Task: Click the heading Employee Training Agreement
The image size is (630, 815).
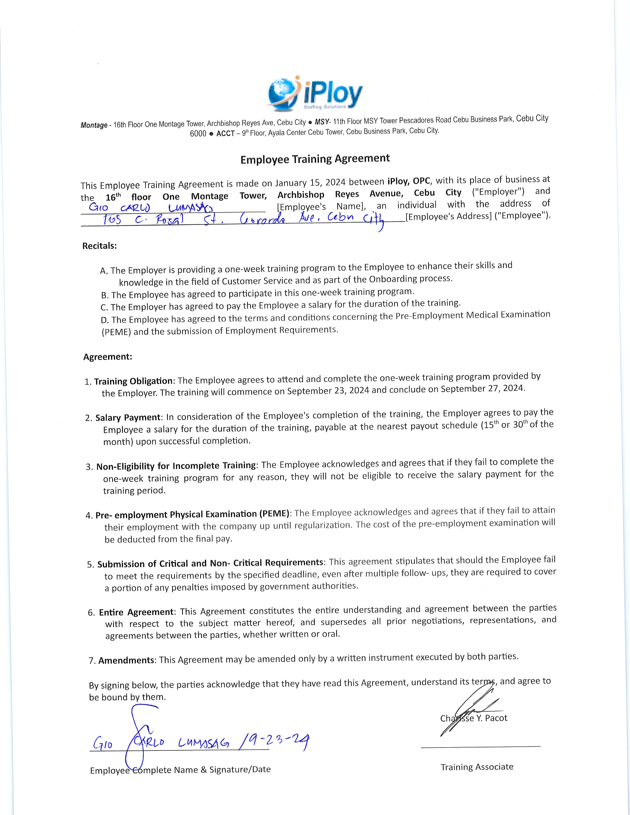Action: pos(315,159)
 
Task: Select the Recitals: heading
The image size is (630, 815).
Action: pos(100,246)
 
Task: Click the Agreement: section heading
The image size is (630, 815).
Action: pos(107,357)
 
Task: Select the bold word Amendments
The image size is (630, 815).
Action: pos(126,660)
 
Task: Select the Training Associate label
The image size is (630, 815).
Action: pos(477,767)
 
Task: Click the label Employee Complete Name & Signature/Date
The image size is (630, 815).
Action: pos(180,770)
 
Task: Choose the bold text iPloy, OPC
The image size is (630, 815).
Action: pos(409,181)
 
